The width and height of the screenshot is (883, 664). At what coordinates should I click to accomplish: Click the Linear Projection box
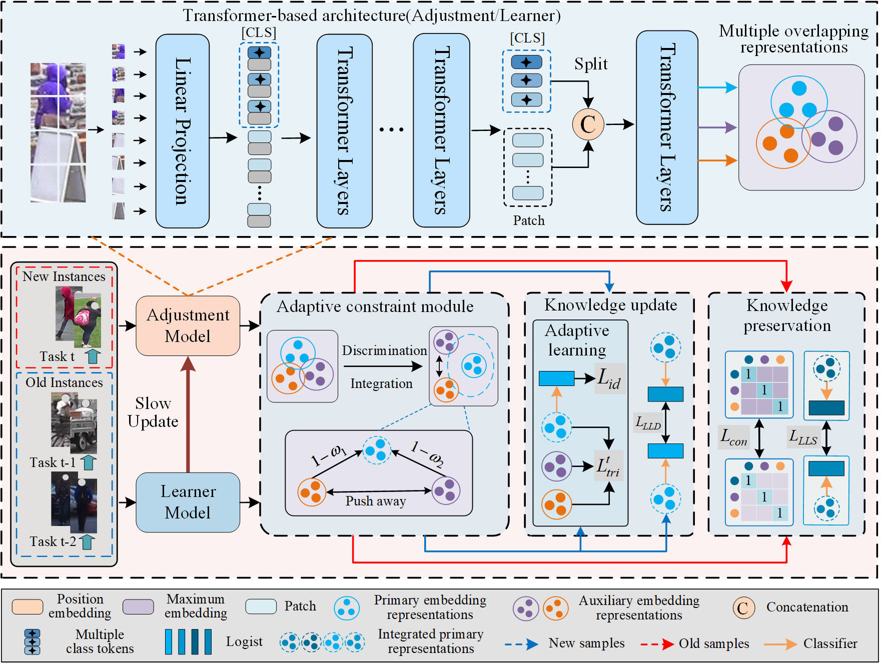[182, 131]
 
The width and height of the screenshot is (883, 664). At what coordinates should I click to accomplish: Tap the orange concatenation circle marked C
[588, 124]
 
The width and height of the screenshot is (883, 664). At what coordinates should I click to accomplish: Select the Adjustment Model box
[188, 325]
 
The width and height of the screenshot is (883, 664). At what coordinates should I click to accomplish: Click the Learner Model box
[188, 502]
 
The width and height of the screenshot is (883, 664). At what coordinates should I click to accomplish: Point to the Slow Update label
[153, 412]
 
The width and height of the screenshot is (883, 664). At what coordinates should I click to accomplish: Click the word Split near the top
[590, 64]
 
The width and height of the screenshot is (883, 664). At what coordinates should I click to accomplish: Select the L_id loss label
[609, 378]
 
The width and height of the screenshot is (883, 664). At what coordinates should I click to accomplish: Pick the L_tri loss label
[608, 466]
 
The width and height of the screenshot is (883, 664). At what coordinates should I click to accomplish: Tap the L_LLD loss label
[648, 423]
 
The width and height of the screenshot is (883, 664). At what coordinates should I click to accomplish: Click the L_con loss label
[733, 437]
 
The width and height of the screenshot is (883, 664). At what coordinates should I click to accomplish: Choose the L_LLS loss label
[802, 437]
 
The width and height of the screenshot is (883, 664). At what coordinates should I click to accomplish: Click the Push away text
[375, 501]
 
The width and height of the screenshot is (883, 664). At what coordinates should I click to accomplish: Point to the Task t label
[57, 356]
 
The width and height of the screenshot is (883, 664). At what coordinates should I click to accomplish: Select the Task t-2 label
[53, 541]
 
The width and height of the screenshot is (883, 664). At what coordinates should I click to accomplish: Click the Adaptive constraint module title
[375, 306]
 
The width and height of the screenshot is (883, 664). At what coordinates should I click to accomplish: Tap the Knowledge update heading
[610, 305]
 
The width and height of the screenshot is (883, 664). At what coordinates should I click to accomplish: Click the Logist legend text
[244, 641]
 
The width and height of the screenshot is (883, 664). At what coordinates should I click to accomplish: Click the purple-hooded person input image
[58, 132]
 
